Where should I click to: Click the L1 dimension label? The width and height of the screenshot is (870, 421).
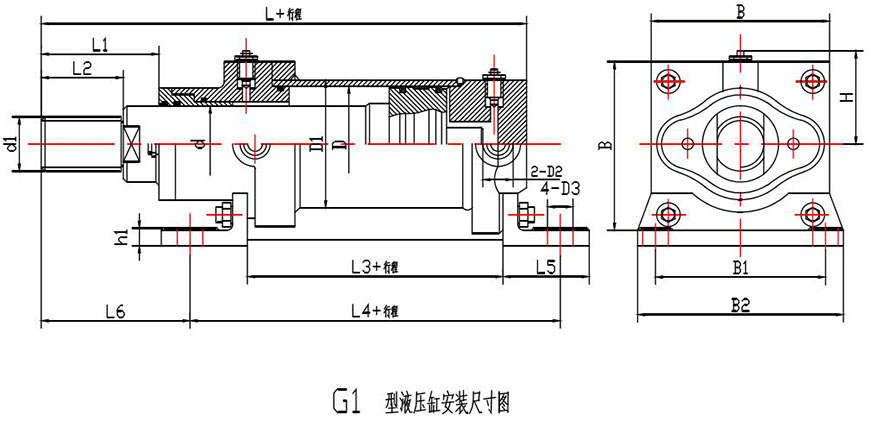(x=99, y=44)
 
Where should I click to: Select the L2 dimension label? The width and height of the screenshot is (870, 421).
(x=82, y=68)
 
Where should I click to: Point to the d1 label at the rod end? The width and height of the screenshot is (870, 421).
(x=11, y=143)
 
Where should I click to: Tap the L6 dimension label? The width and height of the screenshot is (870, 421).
(x=113, y=312)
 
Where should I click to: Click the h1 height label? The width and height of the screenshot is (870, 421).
(x=121, y=238)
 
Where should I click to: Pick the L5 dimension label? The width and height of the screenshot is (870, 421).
(x=546, y=267)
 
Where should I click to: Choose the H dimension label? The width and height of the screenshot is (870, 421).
(x=846, y=97)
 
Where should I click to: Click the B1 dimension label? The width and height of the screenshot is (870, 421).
(x=740, y=267)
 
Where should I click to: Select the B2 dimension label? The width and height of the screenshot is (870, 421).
(x=740, y=307)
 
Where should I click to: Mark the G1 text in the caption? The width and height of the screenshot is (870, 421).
(x=343, y=402)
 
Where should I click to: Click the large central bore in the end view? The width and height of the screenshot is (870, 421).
(x=740, y=141)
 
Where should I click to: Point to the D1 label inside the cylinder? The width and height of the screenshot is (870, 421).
(x=317, y=147)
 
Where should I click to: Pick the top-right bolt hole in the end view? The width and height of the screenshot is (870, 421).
(x=812, y=79)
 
